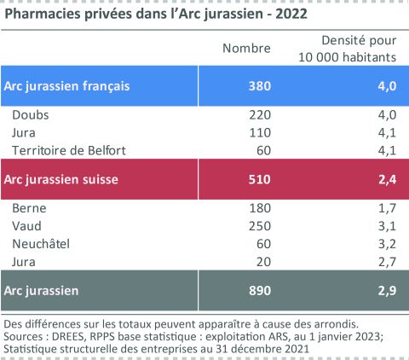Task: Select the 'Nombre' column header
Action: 246,48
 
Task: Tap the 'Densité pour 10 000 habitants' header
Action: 347,48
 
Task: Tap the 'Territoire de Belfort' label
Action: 69,150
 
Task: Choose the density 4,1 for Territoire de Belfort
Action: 387,150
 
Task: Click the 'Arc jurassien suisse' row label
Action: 60,179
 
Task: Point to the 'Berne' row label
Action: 29,208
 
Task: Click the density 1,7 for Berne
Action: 387,208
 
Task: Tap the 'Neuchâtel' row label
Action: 40,243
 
